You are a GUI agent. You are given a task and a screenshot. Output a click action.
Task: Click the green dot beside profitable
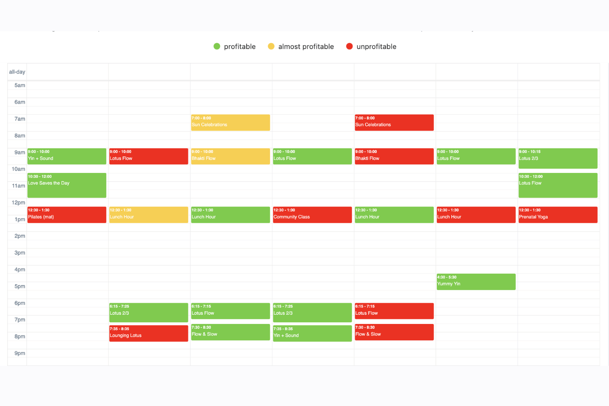pyautogui.click(x=217, y=47)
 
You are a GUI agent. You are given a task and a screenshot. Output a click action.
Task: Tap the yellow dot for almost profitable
pyautogui.click(x=271, y=47)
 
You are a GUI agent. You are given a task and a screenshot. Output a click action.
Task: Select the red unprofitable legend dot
pyautogui.click(x=349, y=47)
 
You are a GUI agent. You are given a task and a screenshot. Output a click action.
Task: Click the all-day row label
pyautogui.click(x=17, y=72)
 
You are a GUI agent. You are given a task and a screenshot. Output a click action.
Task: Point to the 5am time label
pyautogui.click(x=20, y=85)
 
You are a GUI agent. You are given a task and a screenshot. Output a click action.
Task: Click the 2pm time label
pyautogui.click(x=20, y=236)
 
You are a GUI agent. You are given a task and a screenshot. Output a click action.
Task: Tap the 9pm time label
pyautogui.click(x=20, y=353)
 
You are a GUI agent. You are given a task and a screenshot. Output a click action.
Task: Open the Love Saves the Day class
pyautogui.click(x=67, y=185)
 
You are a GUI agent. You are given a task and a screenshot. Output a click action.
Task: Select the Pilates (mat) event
pyautogui.click(x=67, y=214)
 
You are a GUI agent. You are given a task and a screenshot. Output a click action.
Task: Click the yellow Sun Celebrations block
pyautogui.click(x=230, y=123)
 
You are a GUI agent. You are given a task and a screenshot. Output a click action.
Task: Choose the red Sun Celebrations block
pyautogui.click(x=394, y=123)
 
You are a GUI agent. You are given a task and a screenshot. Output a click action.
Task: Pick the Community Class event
pyautogui.click(x=312, y=214)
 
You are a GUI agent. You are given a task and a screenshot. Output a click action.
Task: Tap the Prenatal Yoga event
pyautogui.click(x=558, y=214)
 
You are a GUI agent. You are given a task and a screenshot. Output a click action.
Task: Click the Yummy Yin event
pyautogui.click(x=476, y=282)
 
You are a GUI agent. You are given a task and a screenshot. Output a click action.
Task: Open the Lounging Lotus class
pyautogui.click(x=148, y=333)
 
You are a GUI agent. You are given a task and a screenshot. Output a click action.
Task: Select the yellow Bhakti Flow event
pyautogui.click(x=230, y=156)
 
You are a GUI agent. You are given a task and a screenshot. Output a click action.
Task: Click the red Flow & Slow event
pyautogui.click(x=394, y=332)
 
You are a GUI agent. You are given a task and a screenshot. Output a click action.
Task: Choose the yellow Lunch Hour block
pyautogui.click(x=148, y=214)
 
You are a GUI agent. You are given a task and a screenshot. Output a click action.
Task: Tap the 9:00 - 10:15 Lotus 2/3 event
pyautogui.click(x=558, y=158)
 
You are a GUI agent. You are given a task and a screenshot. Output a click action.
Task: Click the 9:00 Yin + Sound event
pyautogui.click(x=67, y=156)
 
